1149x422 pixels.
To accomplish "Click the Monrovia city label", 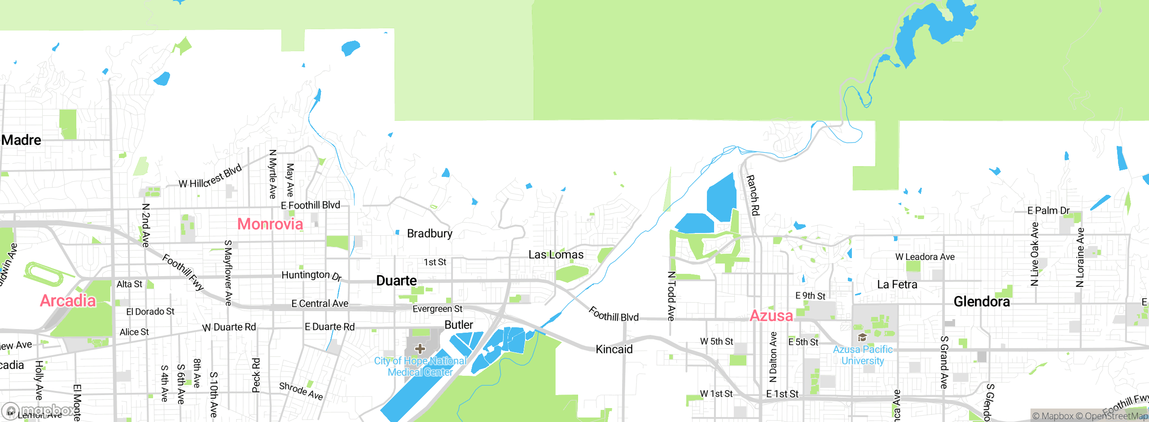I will pos(270,224).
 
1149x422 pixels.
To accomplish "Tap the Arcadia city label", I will pos(68,300).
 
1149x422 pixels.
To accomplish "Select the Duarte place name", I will pos(396,281).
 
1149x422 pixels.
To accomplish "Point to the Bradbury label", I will pos(430,233).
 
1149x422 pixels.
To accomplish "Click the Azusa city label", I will pos(771,316).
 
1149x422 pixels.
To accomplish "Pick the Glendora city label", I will pos(982,302).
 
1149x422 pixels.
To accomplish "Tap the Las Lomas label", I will pos(556,255).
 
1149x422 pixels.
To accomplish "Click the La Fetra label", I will pos(897,285).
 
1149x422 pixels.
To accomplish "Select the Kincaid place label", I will pos(614,349).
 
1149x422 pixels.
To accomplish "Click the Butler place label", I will pos(458,325).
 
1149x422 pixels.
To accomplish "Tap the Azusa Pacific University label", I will pos(863,355).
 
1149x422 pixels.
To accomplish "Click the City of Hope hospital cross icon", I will pos(420,349).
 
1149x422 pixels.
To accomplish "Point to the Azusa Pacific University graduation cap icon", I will pos(862,337).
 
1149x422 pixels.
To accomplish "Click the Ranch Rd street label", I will pos(753,195).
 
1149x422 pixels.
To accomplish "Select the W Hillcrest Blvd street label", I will pos(210,176).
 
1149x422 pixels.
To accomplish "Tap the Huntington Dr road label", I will pos(311,275).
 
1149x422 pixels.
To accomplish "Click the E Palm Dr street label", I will pos(1048,211).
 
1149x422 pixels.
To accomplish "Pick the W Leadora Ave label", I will pos(925,257).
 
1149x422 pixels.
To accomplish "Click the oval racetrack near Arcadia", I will pos(44,273).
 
